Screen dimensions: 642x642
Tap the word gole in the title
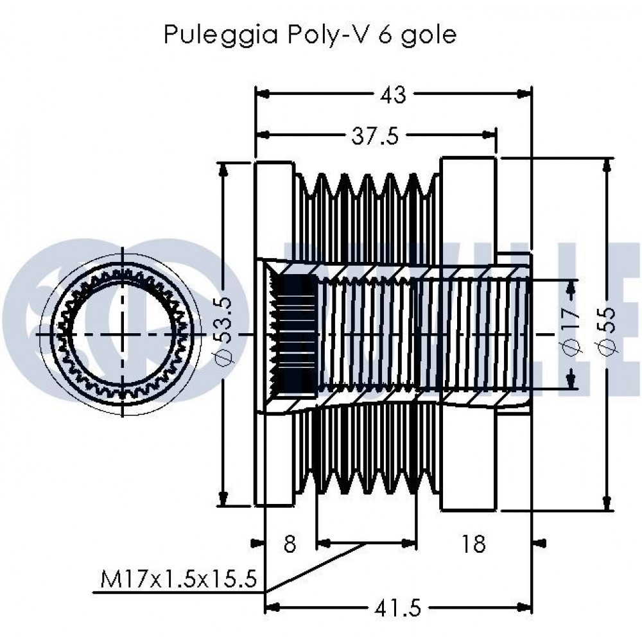pyautogui.click(x=429, y=35)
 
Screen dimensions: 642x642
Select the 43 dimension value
pyautogui.click(x=393, y=94)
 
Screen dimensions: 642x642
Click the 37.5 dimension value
pyautogui.click(x=375, y=136)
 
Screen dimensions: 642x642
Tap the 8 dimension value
pyautogui.click(x=290, y=544)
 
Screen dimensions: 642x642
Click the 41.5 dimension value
pyautogui.click(x=397, y=609)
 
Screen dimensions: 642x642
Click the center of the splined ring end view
pyautogui.click(x=123, y=334)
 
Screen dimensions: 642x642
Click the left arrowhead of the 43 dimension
pyautogui.click(x=262, y=94)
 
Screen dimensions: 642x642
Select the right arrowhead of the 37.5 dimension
pyautogui.click(x=490, y=135)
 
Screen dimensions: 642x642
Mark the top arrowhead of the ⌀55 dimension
pyautogui.click(x=607, y=164)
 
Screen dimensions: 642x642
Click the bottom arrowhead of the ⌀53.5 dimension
pyautogui.click(x=223, y=499)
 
